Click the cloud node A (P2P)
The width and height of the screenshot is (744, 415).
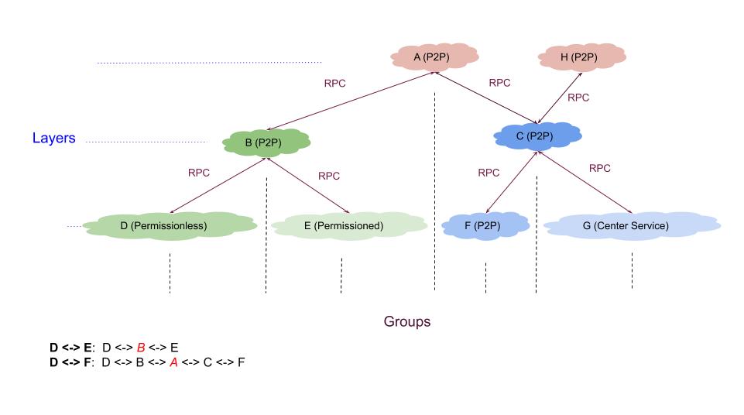tap(434, 57)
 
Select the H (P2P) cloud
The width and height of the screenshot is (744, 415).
tap(581, 57)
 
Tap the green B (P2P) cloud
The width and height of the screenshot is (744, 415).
tap(266, 142)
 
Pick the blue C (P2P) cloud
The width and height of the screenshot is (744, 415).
tap(537, 136)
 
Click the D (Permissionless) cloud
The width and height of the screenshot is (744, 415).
tap(169, 226)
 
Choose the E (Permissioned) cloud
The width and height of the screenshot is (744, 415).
tap(348, 226)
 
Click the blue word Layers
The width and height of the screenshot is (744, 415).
tap(53, 139)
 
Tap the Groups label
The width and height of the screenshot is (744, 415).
tap(407, 321)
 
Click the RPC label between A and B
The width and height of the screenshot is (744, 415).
tap(334, 83)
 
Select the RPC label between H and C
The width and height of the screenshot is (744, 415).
tap(578, 98)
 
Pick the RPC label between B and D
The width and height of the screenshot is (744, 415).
tap(199, 173)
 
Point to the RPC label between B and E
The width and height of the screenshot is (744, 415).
tap(329, 176)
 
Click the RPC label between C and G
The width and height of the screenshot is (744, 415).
tap(600, 168)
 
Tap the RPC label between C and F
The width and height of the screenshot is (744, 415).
tap(489, 173)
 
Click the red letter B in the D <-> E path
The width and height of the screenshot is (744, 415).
tap(141, 348)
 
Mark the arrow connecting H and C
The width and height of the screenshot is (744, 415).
tap(561, 96)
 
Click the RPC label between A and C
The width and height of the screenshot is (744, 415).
tap(500, 83)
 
